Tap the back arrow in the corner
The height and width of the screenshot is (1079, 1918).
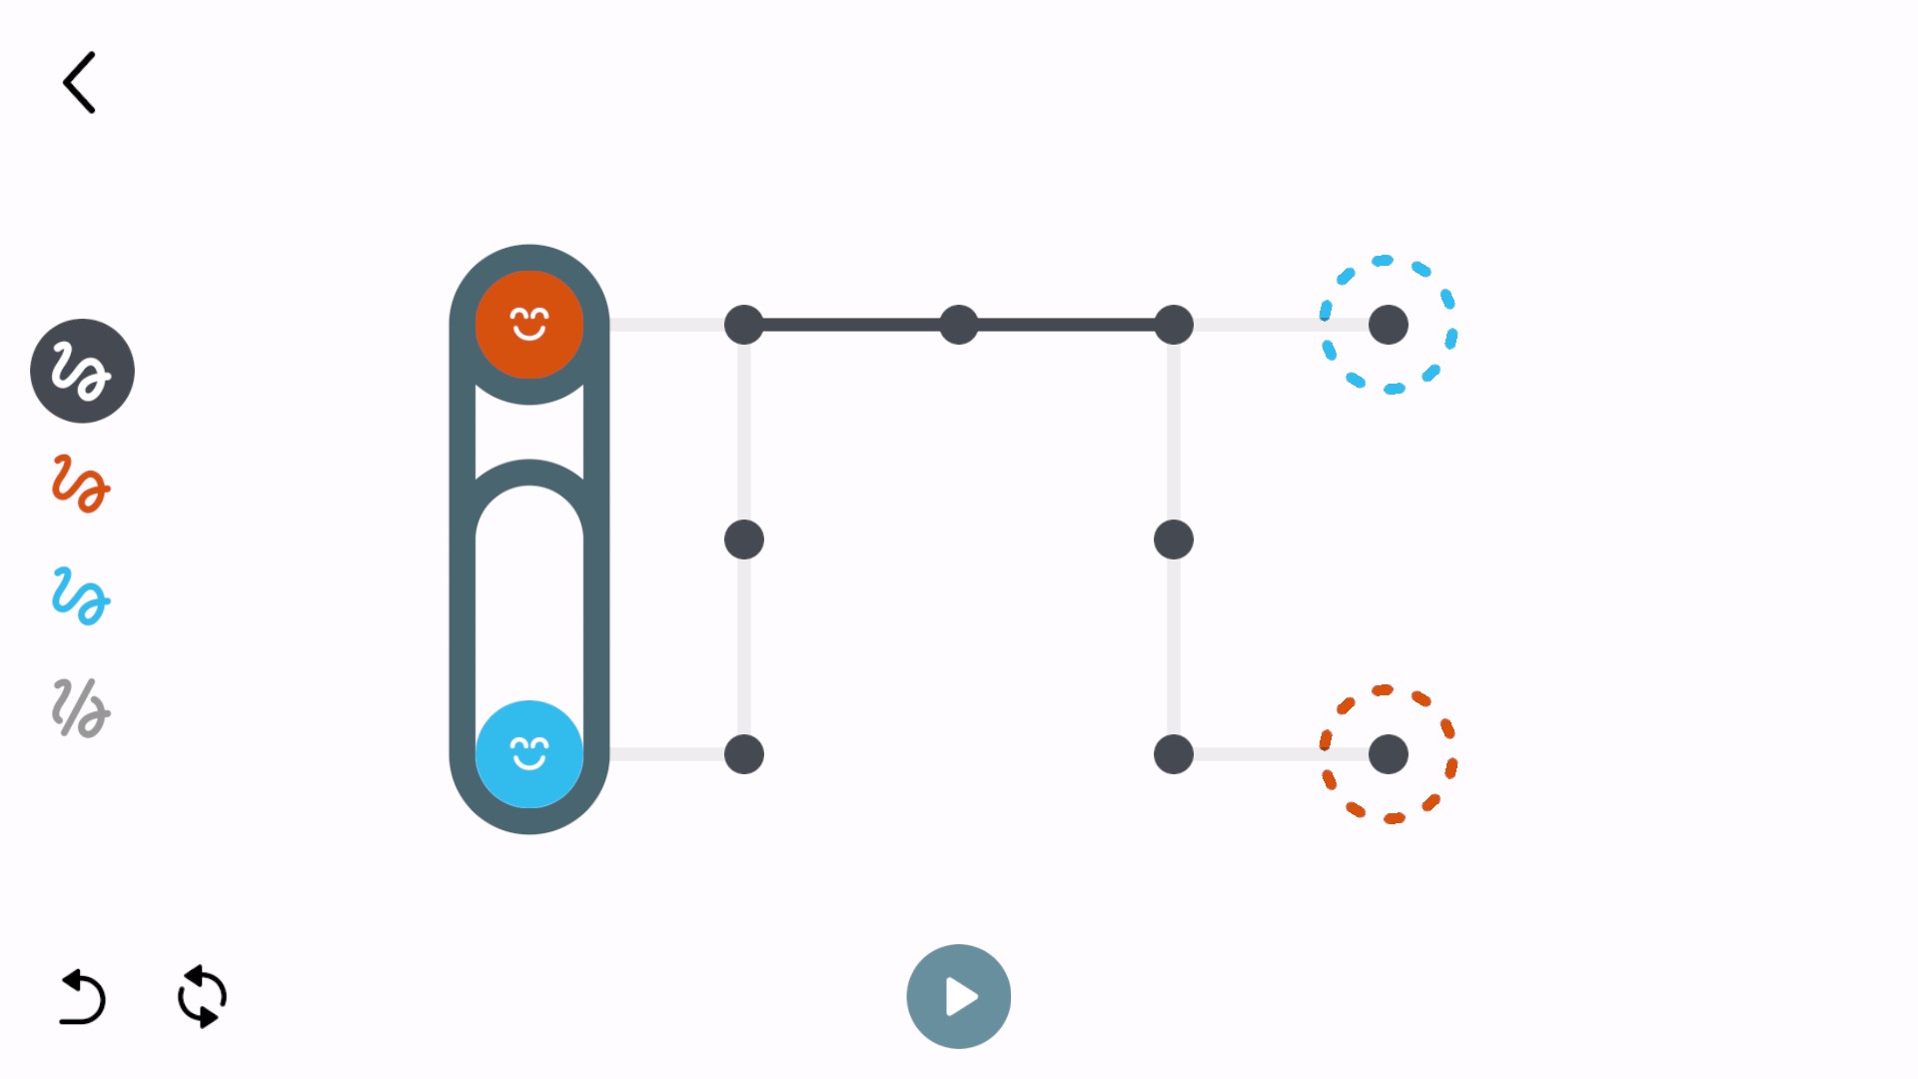79,83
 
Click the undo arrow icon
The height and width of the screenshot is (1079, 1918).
83,997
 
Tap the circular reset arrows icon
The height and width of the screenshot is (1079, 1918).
202,996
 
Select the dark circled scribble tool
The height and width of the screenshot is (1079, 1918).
82,371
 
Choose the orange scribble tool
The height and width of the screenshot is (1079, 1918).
81,484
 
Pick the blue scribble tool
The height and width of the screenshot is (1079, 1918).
81,596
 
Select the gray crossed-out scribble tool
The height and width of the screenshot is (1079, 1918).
81,708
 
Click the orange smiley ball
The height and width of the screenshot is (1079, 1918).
528,325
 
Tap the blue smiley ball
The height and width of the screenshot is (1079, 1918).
528,753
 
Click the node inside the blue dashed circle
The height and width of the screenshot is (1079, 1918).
1388,325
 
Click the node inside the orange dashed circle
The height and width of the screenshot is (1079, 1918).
1388,754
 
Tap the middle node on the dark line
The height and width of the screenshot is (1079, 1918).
959,325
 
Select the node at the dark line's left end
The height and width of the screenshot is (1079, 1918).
744,325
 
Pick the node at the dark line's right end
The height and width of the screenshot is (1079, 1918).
1174,325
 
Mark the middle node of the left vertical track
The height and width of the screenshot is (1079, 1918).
744,539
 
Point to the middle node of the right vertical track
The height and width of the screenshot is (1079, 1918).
1174,539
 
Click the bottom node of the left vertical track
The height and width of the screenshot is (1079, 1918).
744,754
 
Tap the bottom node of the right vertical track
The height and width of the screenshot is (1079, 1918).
1174,754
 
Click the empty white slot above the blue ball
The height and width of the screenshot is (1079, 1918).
528,589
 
